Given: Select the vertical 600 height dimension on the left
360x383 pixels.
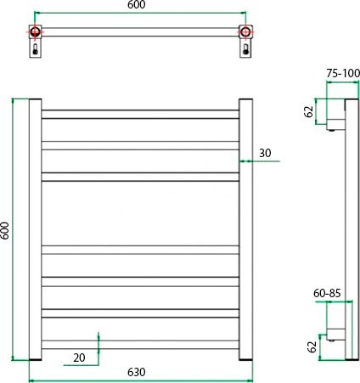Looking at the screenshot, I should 5,229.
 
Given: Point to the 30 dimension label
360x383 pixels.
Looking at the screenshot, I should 265,153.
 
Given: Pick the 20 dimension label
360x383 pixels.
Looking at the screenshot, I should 79,358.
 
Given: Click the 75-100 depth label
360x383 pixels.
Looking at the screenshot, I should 341,73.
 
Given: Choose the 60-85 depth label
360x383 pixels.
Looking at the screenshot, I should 327,292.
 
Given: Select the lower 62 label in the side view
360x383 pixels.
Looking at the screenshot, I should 312,346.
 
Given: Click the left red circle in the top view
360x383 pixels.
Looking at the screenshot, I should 35,33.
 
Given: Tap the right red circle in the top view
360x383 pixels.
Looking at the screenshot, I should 246,33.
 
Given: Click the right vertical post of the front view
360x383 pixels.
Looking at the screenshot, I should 245,229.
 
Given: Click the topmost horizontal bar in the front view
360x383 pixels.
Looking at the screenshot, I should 140,113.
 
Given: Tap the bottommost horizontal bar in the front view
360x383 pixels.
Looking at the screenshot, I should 140,345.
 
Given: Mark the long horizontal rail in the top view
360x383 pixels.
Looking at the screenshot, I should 140,33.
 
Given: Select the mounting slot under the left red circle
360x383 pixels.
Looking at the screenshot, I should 35,50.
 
